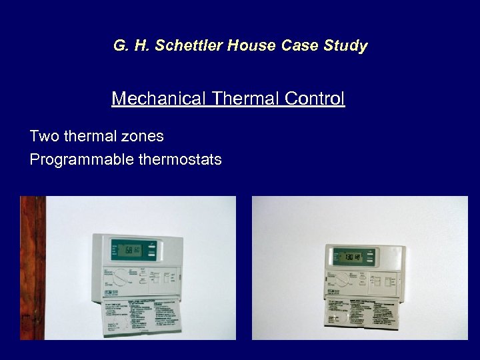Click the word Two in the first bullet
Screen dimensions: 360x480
coord(45,137)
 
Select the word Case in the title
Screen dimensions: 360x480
coord(299,46)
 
